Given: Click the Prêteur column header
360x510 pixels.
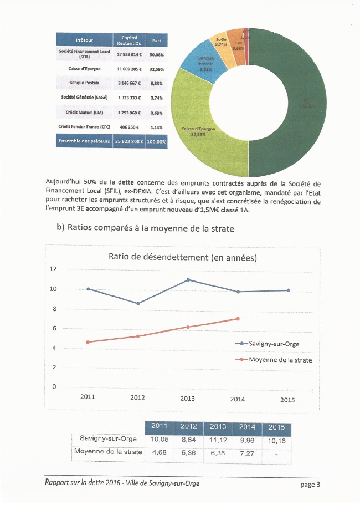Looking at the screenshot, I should pos(84,40).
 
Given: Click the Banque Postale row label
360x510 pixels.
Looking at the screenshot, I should pos(84,83).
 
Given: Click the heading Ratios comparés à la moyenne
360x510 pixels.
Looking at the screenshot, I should pos(161,228).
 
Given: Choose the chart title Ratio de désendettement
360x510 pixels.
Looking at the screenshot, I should pos(183,257).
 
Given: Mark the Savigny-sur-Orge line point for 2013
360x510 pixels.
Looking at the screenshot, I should pos(189,280).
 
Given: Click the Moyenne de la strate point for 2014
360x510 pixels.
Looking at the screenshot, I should pos(238,319).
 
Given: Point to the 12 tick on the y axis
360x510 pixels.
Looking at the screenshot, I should pos(53,269).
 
